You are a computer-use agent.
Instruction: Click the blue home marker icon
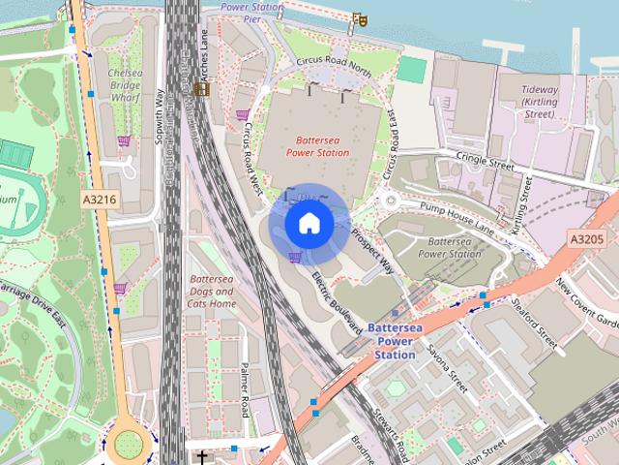309,224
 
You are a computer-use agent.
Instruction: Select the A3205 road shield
586,238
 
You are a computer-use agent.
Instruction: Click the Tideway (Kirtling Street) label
539,102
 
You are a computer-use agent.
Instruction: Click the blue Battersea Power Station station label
395,341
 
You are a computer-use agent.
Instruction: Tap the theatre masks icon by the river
360,17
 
